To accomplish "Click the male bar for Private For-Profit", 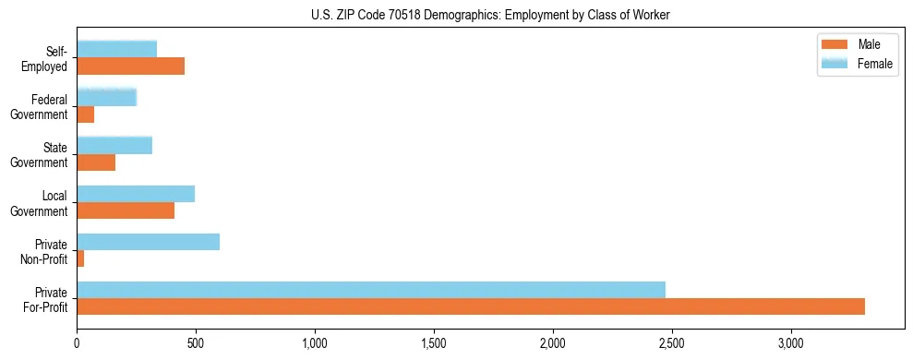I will pos(471,306).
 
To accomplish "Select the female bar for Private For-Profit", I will pos(371,290).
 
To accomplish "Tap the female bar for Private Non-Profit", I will pos(149,242).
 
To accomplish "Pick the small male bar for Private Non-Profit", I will pos(80,258).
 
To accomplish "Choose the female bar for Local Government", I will pos(136,194).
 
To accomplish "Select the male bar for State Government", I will pos(96,162).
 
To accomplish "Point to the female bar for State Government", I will pos(114,145).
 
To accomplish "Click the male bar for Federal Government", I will pos(86,114).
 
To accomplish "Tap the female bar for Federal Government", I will pos(107,97).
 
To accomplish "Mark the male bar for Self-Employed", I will pos(131,66).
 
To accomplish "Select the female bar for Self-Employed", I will pos(117,49).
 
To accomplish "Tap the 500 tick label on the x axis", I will pos(196,342).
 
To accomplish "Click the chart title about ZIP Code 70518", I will pos(492,15).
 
